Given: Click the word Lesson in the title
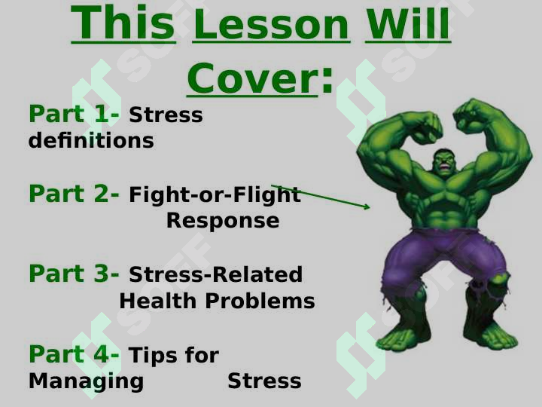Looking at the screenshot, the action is pyautogui.click(x=271, y=25).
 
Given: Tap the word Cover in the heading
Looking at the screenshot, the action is pyautogui.click(x=252, y=78).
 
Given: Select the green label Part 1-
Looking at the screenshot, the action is pyautogui.click(x=74, y=114).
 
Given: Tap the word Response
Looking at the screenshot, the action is pyautogui.click(x=223, y=222).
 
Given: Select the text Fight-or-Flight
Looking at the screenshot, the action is pyautogui.click(x=215, y=194).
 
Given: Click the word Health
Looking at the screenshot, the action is pyautogui.click(x=158, y=301).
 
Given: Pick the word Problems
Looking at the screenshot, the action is pyautogui.click(x=260, y=301).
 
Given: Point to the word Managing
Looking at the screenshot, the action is pyautogui.click(x=86, y=381).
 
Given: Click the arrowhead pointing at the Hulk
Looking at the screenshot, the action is pyautogui.click(x=367, y=207).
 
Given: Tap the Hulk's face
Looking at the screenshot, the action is pyautogui.click(x=445, y=161).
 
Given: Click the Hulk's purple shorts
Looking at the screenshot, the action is pyautogui.click(x=446, y=256).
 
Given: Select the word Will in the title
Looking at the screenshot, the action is pyautogui.click(x=408, y=23).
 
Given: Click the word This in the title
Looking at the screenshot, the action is pyautogui.click(x=123, y=23).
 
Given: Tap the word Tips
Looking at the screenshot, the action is pyautogui.click(x=154, y=355).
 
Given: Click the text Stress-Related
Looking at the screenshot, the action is pyautogui.click(x=216, y=274).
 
